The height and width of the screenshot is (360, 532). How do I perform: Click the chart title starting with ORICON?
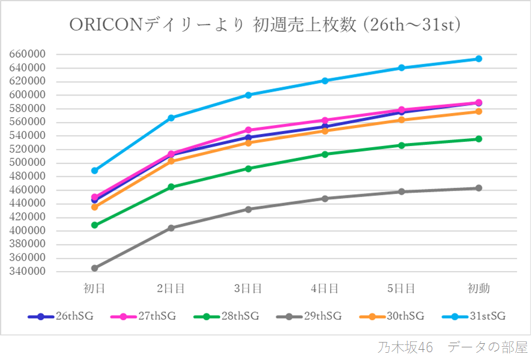[265, 25]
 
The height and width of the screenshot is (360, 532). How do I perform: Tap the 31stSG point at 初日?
[94, 171]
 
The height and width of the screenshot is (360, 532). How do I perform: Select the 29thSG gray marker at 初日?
[94, 268]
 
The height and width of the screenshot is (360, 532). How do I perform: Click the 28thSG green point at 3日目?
[248, 168]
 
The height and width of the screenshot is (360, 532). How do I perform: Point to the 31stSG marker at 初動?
[479, 59]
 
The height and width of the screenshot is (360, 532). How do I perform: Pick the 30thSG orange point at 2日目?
[171, 161]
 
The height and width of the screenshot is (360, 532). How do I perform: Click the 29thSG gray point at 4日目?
[325, 198]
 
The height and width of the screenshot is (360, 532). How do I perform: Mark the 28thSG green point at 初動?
[479, 139]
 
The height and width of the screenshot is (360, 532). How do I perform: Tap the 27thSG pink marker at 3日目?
[248, 130]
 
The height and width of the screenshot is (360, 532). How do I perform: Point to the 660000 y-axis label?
[28, 54]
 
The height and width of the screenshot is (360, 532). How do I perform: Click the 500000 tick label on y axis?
[28, 163]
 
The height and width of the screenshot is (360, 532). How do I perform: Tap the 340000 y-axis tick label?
[28, 272]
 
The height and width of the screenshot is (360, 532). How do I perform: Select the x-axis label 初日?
[94, 288]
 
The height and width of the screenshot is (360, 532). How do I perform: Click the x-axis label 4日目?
[325, 288]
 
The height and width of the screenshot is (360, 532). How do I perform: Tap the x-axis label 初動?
[479, 288]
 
